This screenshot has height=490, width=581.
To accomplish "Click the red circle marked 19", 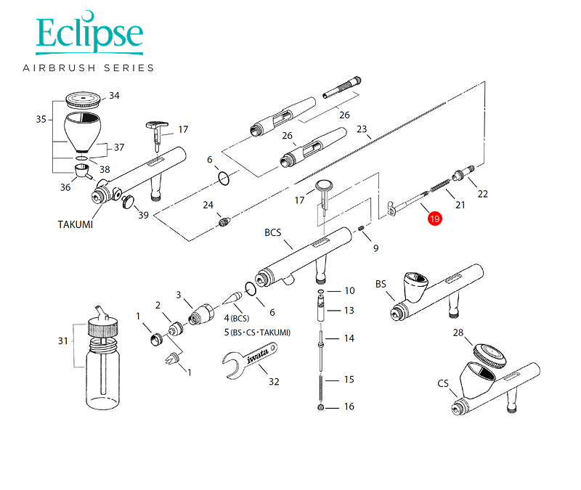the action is pyautogui.click(x=434, y=219).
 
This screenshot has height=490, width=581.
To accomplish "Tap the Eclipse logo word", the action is pyautogui.click(x=89, y=32).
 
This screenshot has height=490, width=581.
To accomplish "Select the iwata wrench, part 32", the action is pyautogui.click(x=250, y=360).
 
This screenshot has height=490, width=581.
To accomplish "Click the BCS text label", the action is pyautogui.click(x=273, y=232).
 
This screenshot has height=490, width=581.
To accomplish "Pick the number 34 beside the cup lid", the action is pyautogui.click(x=114, y=96).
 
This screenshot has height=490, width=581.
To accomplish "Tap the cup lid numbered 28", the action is pyautogui.click(x=489, y=355).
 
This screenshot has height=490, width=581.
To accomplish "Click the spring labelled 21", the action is pyautogui.click(x=440, y=186).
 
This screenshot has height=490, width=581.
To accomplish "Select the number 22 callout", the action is pyautogui.click(x=482, y=194).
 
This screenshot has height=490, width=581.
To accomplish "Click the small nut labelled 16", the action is pyautogui.click(x=321, y=407).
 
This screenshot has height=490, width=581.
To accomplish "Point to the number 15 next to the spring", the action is pyautogui.click(x=349, y=380).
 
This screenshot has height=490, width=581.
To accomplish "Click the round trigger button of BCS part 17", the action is pyautogui.click(x=323, y=185).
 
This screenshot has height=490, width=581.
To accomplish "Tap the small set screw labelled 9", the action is pyautogui.click(x=362, y=228).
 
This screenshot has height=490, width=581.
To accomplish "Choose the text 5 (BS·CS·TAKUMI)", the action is pyautogui.click(x=257, y=332).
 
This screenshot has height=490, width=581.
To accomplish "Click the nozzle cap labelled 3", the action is pyautogui.click(x=201, y=315).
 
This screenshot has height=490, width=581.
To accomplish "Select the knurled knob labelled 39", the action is pyautogui.click(x=129, y=203).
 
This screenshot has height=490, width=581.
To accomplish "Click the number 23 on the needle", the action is pyautogui.click(x=362, y=129).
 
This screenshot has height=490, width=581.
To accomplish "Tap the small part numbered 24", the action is pyautogui.click(x=224, y=222).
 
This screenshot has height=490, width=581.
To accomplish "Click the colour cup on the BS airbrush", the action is pyautogui.click(x=415, y=286).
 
